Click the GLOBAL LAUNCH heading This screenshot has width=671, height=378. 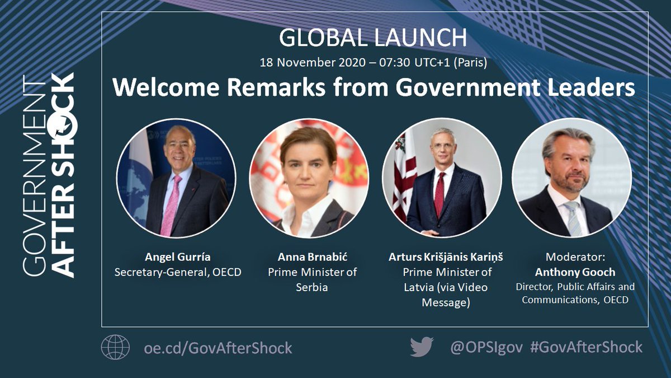[x=373, y=38]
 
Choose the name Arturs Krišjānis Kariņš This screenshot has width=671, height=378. [x=447, y=258]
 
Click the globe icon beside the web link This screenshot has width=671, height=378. [x=115, y=347]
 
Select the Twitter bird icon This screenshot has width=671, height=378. [x=422, y=347]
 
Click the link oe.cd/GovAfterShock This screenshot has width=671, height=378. [x=218, y=348]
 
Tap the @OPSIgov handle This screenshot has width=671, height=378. [x=486, y=347]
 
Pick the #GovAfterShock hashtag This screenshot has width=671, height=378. [x=585, y=347]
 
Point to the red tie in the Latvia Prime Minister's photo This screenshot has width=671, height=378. [x=440, y=193]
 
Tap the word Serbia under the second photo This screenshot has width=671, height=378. [x=312, y=288]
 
